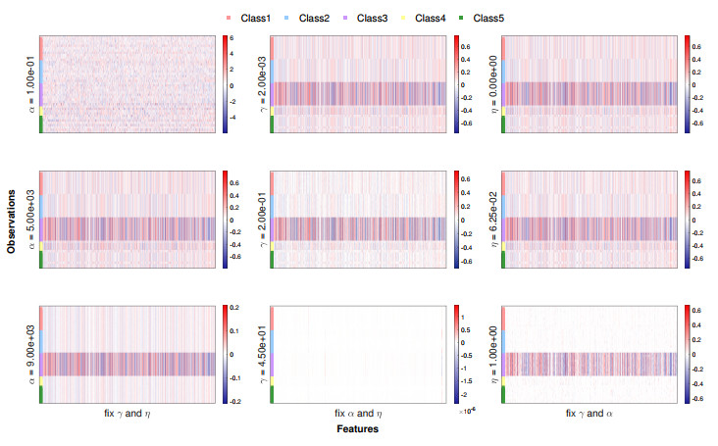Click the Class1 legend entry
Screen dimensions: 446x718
point(254,18)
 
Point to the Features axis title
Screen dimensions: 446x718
point(357,429)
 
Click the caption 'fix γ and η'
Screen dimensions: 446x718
point(128,414)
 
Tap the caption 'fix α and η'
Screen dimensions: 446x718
point(358,414)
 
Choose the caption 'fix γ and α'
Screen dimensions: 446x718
point(589,414)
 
